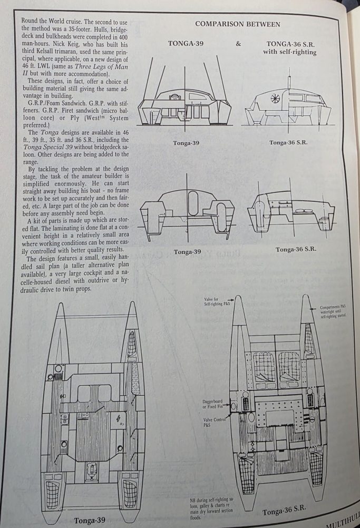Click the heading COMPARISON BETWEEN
(238, 24)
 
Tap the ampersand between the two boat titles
(238, 44)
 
